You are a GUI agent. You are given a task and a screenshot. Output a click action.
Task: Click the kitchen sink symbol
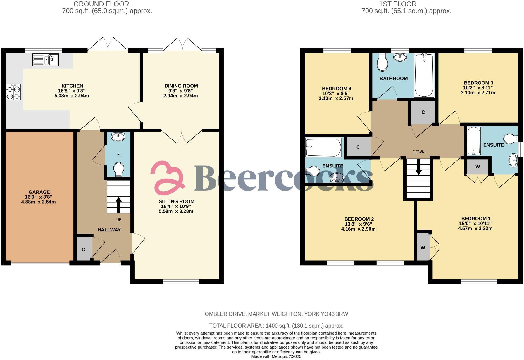(x=45, y=60)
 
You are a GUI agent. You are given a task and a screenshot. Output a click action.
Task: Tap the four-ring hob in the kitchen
(x=13, y=92)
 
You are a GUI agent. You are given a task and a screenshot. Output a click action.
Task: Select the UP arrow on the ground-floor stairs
(x=119, y=204)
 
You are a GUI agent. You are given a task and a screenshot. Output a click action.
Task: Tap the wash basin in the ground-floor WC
(x=118, y=136)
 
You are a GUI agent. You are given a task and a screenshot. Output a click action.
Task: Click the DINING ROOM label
(x=181, y=86)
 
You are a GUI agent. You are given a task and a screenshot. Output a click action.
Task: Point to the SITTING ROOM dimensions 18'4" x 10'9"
(x=176, y=206)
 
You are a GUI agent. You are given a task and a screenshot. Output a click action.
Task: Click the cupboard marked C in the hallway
(x=84, y=249)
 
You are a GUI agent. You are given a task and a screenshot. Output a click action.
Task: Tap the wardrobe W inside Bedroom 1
(x=423, y=247)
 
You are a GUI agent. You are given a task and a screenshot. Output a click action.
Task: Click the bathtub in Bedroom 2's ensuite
(x=323, y=147)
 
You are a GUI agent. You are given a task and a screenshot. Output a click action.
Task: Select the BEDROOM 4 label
(x=336, y=89)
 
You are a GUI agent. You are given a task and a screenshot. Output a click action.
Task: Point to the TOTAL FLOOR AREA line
(x=276, y=326)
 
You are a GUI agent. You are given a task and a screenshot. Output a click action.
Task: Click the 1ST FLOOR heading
(x=397, y=4)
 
